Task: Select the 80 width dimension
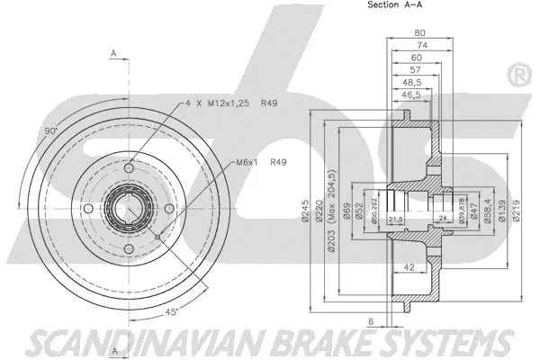pos(419,33)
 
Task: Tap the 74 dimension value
pos(419,49)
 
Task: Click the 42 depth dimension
pos(409,267)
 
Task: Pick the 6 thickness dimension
pos(371,321)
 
